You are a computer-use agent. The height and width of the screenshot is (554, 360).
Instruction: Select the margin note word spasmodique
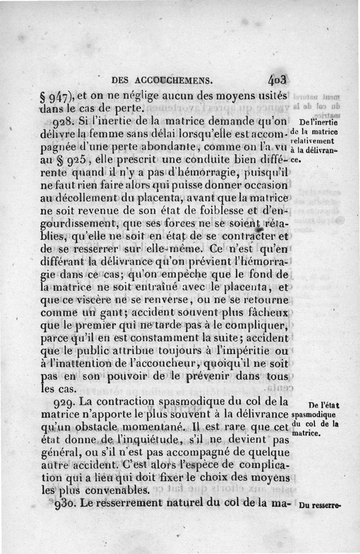click(x=314, y=413)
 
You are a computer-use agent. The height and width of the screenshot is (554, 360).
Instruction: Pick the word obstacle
click(x=108, y=426)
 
